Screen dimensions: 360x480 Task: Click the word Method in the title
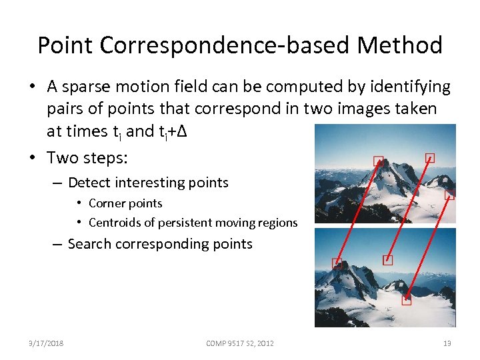(x=399, y=45)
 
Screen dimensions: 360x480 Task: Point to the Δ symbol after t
(x=181, y=131)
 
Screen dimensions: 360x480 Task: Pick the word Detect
(x=89, y=183)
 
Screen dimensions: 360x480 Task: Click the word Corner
(x=105, y=203)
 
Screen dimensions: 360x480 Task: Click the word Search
(x=89, y=244)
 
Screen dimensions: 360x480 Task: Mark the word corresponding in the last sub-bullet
(x=161, y=244)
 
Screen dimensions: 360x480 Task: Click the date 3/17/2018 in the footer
(x=46, y=343)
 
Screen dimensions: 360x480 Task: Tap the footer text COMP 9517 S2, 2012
(x=240, y=343)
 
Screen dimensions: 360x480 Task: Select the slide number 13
(x=447, y=343)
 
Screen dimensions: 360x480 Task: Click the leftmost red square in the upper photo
(x=379, y=161)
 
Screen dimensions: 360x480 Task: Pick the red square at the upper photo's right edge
(x=450, y=195)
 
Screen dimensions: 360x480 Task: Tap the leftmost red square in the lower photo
(x=337, y=264)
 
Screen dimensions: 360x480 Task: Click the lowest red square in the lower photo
(x=407, y=300)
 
